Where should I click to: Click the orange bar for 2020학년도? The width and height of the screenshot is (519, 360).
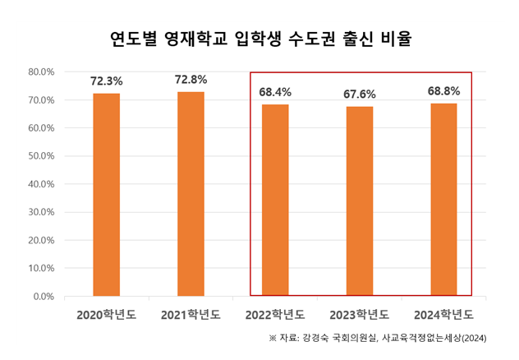(x=106, y=195)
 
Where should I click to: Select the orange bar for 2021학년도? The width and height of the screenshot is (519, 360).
(x=191, y=194)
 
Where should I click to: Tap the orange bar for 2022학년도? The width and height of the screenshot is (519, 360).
(x=275, y=200)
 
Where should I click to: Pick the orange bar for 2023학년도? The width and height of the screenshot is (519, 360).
(x=360, y=201)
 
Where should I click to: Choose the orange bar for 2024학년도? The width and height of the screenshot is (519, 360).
(x=443, y=200)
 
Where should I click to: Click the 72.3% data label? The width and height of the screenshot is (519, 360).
(x=107, y=81)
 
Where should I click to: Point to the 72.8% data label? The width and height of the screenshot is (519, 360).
(x=191, y=80)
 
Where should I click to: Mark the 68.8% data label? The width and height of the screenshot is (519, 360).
(x=443, y=91)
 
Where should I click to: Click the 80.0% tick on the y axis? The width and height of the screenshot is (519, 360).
(x=41, y=72)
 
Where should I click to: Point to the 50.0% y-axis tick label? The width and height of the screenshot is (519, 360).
(x=41, y=156)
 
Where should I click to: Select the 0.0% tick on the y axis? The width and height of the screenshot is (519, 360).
(x=44, y=296)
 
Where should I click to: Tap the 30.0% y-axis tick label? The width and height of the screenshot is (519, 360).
(x=41, y=212)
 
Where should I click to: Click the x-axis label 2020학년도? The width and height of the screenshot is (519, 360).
(x=107, y=315)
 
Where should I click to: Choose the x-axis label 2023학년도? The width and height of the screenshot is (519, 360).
(x=360, y=315)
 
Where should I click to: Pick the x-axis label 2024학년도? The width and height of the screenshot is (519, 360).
(x=443, y=315)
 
